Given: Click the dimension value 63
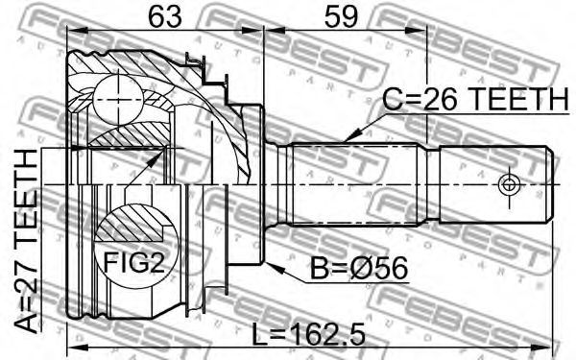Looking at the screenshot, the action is pyautogui.click(x=165, y=17).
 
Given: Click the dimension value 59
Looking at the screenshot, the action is pyautogui.click(x=341, y=17).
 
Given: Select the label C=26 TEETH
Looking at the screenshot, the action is pyautogui.click(x=475, y=99).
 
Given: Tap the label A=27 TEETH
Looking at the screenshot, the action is pyautogui.click(x=27, y=241).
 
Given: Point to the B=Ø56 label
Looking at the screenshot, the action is pyautogui.click(x=359, y=269).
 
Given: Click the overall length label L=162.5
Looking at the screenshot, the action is pyautogui.click(x=309, y=334).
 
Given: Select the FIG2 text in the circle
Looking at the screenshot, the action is pyautogui.click(x=133, y=262).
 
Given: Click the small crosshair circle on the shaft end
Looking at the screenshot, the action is pyautogui.click(x=509, y=184).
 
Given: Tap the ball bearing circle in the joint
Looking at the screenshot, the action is pyautogui.click(x=118, y=99).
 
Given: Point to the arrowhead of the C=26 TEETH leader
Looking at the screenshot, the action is pyautogui.click(x=349, y=137).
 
